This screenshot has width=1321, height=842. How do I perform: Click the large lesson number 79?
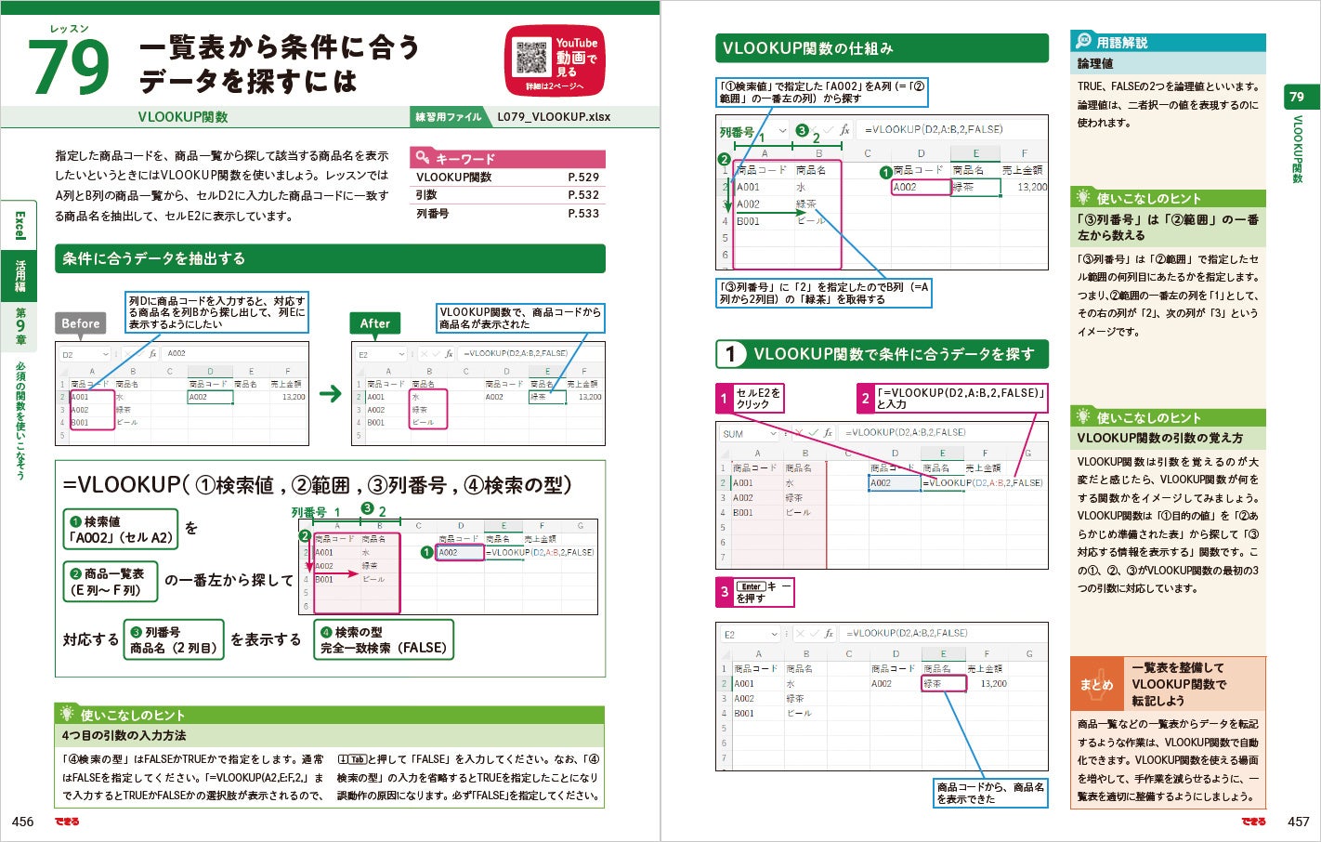(x=69, y=66)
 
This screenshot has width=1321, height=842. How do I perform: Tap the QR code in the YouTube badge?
(x=531, y=57)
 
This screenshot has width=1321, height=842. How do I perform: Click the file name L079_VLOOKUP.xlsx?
(x=554, y=117)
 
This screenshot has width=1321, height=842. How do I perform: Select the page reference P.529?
(x=583, y=178)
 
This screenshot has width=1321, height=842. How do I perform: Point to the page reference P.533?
(x=583, y=214)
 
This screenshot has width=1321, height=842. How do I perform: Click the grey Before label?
(x=81, y=323)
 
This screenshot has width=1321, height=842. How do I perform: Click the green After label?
(x=375, y=323)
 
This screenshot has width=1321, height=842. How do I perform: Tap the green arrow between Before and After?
(x=330, y=394)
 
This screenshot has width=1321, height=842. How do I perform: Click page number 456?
(x=23, y=822)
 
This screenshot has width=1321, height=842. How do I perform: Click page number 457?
(x=1298, y=822)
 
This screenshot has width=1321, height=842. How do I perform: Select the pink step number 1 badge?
(x=725, y=399)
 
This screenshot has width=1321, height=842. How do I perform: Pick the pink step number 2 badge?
(x=865, y=399)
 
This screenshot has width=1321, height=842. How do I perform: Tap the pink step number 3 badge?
(x=725, y=592)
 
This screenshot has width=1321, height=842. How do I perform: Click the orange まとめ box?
(x=1096, y=684)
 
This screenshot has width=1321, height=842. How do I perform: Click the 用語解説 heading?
(x=1121, y=43)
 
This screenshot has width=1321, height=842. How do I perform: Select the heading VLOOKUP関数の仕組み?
(x=807, y=48)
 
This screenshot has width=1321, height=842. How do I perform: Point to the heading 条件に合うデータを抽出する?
(x=154, y=258)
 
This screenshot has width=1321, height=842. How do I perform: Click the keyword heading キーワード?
(x=464, y=159)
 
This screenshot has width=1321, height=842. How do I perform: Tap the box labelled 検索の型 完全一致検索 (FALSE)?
(x=383, y=639)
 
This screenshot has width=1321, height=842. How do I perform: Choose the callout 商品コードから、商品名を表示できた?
(x=990, y=793)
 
